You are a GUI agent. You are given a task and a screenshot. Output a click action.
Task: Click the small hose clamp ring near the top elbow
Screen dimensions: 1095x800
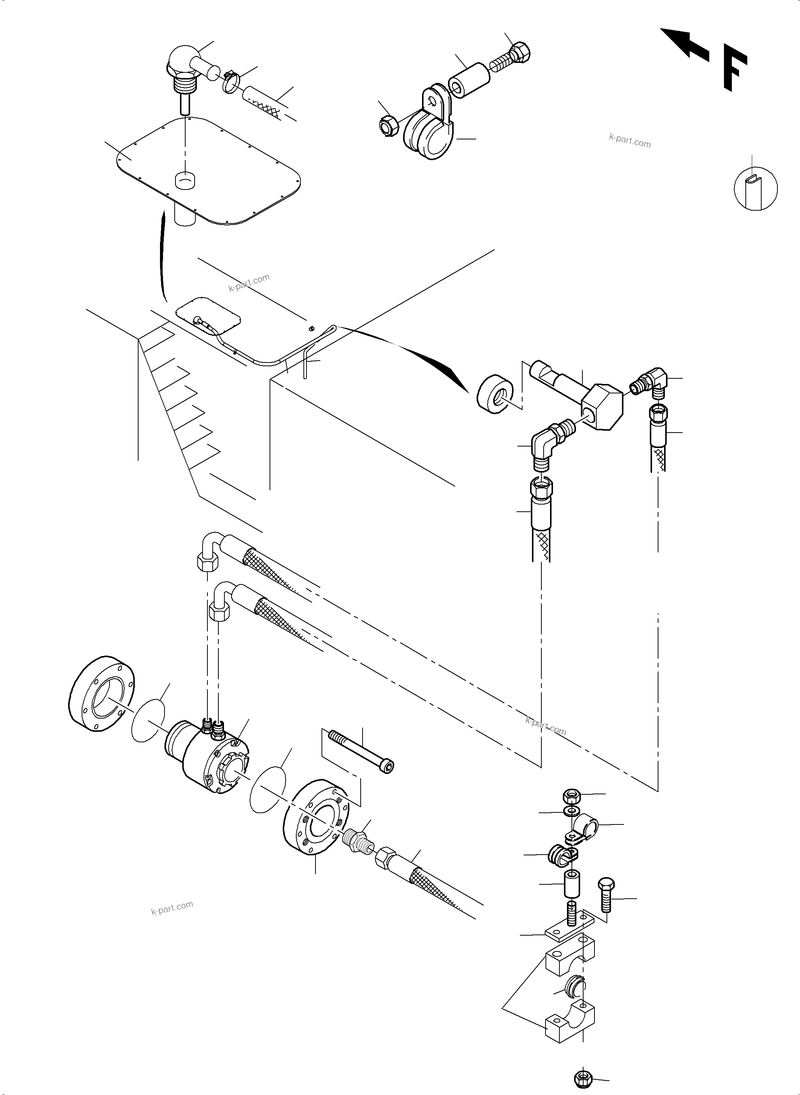[232, 83]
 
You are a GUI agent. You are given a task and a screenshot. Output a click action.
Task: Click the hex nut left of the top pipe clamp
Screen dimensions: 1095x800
[389, 125]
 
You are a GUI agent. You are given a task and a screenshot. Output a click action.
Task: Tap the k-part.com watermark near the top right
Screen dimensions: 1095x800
[629, 141]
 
